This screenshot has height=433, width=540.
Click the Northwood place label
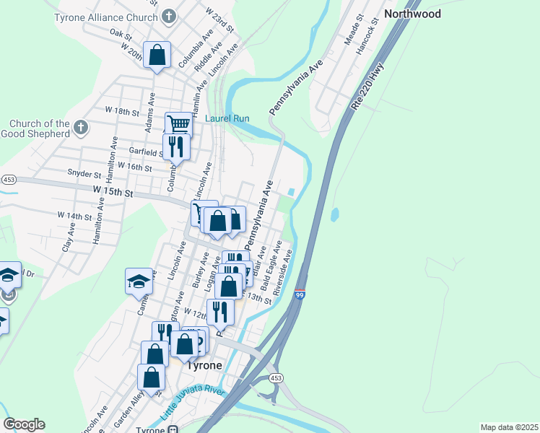[x=412, y=14]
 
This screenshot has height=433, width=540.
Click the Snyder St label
[x=84, y=174]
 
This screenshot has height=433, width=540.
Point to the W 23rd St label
[x=220, y=20]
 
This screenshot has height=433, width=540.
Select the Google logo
[x=24, y=424]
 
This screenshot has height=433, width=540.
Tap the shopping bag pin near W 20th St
[x=157, y=56]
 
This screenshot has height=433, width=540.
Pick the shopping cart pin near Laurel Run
[x=178, y=124]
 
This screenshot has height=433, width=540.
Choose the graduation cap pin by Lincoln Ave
[x=139, y=281]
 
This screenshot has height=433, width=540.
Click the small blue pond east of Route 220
[x=334, y=215]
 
